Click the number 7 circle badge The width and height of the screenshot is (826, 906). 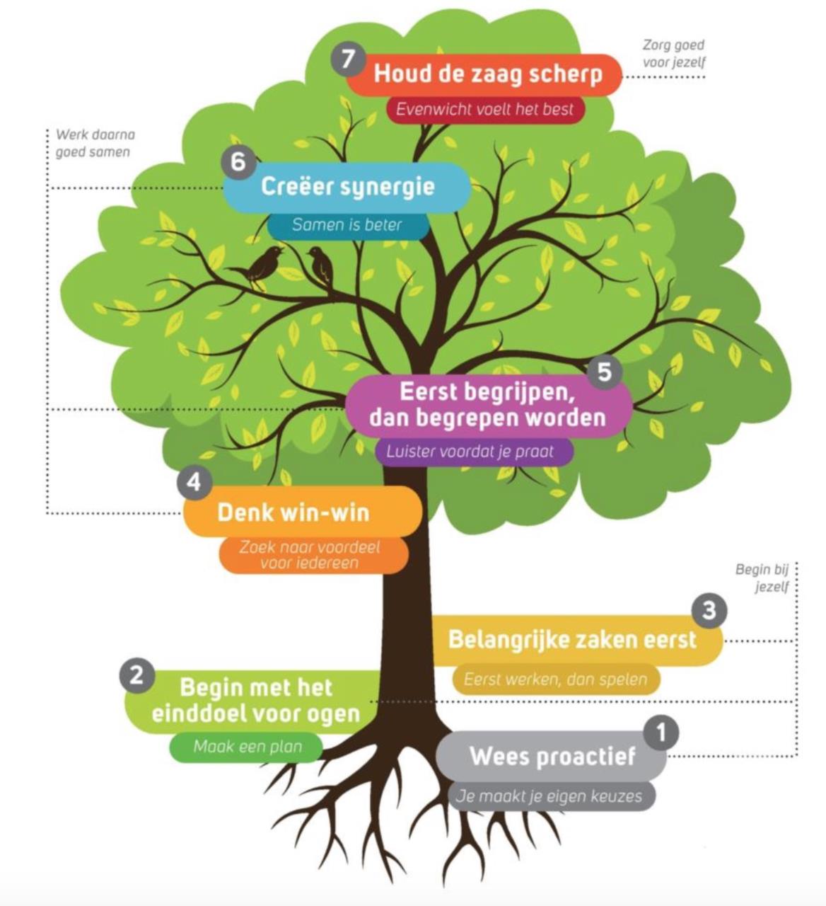347,59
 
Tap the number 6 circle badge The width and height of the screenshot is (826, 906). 238,162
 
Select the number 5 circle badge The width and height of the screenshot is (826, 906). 604,371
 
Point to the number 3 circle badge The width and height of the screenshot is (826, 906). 709,610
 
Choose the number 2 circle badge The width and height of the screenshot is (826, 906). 136,675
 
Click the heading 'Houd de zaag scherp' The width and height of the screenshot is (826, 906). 488,74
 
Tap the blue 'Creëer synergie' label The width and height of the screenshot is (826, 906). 347,187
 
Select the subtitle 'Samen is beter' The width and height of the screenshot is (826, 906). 347,225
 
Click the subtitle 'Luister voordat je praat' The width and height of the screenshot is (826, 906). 470,451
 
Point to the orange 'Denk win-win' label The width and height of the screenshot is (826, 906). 293,512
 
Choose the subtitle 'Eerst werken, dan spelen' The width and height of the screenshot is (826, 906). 555,679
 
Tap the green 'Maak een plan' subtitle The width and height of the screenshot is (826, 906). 248,746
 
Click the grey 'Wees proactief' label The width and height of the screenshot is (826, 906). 552,756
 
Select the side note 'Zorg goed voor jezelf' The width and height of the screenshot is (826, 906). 674,53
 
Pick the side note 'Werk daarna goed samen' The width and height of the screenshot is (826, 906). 94,143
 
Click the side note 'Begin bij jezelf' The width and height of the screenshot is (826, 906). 762,578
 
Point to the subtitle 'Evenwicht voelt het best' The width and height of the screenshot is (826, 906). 485,110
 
